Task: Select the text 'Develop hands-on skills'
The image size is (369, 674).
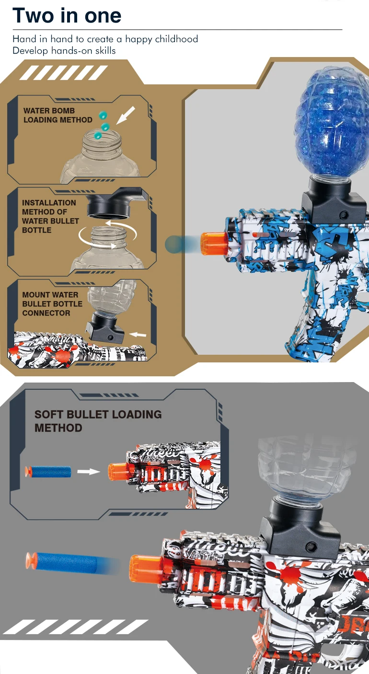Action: click(x=64, y=50)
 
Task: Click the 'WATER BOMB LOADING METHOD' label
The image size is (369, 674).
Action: click(x=58, y=115)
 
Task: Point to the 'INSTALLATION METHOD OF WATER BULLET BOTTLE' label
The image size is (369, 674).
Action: click(x=50, y=216)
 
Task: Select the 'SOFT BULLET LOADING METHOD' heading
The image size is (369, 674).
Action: click(x=98, y=421)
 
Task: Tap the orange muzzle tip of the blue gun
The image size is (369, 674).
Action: click(x=213, y=243)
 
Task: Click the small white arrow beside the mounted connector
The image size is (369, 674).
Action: click(x=138, y=334)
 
